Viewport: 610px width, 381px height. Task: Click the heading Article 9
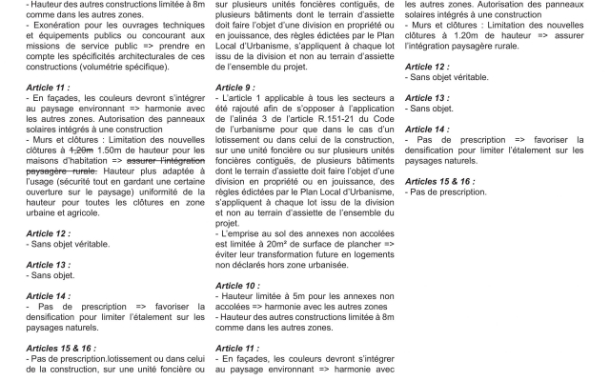pos(234,87)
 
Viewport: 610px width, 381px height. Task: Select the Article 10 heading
pos(237,285)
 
